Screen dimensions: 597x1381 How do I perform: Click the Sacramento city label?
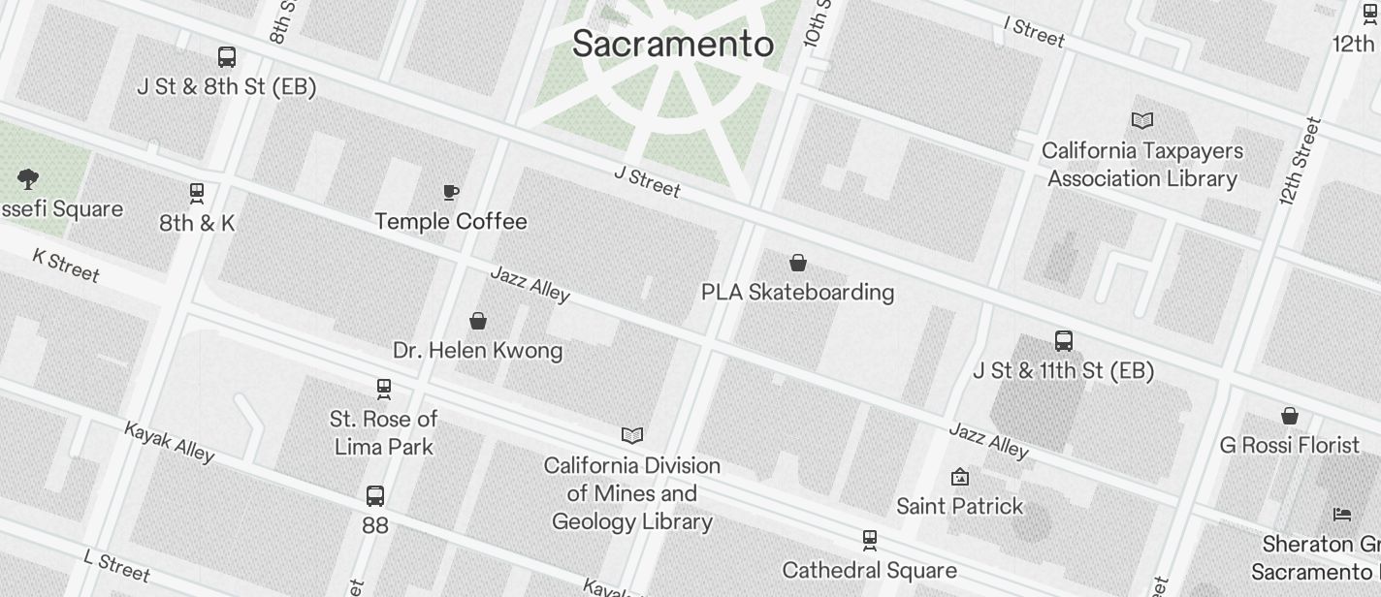tap(672, 44)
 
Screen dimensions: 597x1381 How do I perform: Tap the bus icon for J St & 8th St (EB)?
tap(227, 57)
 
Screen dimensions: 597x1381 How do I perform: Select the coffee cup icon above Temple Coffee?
tap(451, 192)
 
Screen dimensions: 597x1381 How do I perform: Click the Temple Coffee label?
tap(451, 222)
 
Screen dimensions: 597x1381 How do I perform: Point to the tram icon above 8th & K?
tap(197, 193)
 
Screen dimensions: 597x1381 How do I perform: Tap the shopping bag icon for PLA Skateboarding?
tap(798, 263)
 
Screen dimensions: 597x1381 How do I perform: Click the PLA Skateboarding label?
tap(797, 292)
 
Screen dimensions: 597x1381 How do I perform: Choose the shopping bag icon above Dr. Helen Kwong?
tap(478, 321)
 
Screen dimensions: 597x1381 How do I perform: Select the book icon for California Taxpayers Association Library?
tap(1142, 121)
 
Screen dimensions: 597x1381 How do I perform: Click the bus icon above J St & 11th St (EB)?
tap(1064, 341)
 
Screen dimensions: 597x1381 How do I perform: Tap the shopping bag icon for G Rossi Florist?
tap(1290, 416)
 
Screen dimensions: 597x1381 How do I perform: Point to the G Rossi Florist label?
tap(1290, 445)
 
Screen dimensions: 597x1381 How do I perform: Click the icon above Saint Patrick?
tap(960, 477)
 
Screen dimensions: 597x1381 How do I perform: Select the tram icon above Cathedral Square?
tap(870, 540)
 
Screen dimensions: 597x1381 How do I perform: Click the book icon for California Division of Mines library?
tap(632, 436)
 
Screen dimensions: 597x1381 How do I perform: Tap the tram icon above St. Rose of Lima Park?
tap(384, 389)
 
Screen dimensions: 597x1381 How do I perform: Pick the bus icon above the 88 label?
tap(375, 496)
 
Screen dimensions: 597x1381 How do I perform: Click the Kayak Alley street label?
tap(169, 441)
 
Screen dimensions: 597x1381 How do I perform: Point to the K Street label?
tap(66, 265)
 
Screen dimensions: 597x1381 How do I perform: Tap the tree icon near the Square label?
tap(28, 178)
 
